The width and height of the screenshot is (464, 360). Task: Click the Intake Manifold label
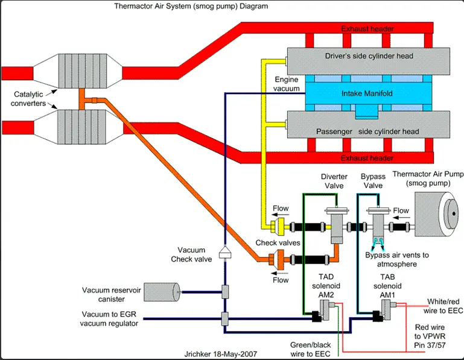tap(367, 93)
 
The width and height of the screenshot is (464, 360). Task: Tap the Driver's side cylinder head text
tap(369, 56)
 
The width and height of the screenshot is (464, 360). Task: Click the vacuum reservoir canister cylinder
tap(162, 292)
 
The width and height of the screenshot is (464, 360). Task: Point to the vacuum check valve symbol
tap(225, 252)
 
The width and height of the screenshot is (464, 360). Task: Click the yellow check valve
tap(278, 227)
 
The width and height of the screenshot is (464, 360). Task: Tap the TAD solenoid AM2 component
tap(324, 311)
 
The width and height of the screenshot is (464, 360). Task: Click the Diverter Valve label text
tap(334, 181)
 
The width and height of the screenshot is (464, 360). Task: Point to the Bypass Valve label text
tap(373, 181)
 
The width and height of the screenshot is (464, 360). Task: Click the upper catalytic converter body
tap(78, 71)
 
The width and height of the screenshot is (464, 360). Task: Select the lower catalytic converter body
tap(78, 127)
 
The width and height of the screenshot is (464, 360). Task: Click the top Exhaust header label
tap(367, 29)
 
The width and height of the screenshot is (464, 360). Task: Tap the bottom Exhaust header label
tap(367, 158)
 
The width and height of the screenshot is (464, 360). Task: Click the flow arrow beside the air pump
tap(401, 218)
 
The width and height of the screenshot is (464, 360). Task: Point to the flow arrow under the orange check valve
tap(280, 273)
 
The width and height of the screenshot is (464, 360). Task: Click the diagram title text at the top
tap(191, 6)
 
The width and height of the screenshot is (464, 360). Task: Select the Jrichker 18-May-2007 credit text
tap(220, 354)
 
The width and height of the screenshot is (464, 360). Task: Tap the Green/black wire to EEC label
tap(310, 349)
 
